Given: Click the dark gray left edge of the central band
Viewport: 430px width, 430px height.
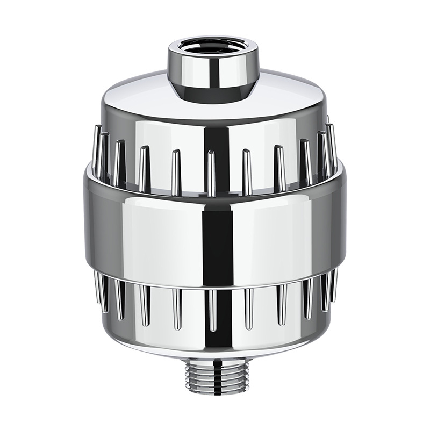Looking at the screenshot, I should (91, 226).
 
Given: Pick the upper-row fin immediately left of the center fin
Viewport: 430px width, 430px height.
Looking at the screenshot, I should (176, 169).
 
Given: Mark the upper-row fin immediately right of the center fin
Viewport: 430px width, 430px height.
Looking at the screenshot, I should (246, 169).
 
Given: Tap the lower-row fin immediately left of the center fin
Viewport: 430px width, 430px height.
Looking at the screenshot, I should (176, 309).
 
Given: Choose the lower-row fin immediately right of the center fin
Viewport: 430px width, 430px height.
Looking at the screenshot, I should (248, 309).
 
